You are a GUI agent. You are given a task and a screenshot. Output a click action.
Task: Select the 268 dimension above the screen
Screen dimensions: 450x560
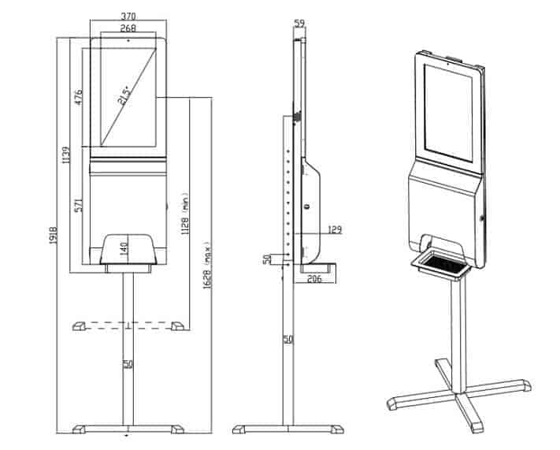pos(128,28)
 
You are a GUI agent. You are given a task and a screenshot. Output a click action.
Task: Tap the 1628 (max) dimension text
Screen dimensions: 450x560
pos(206,265)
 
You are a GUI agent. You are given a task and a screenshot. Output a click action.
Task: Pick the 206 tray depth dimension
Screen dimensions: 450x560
pos(313,277)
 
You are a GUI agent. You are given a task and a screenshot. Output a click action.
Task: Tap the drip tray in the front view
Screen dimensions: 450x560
pos(128,251)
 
